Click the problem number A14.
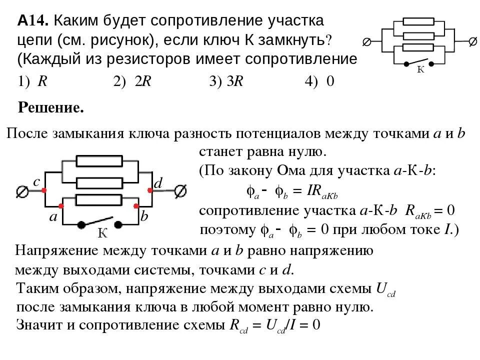pos(32,21)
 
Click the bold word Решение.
pos(50,107)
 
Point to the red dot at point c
pos(44,190)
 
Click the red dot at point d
pos(150,190)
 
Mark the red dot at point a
pos(61,205)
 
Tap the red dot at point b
pos(135,205)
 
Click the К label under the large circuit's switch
pos(102,233)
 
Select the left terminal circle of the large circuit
pos(22,191)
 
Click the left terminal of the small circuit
pos(366,42)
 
